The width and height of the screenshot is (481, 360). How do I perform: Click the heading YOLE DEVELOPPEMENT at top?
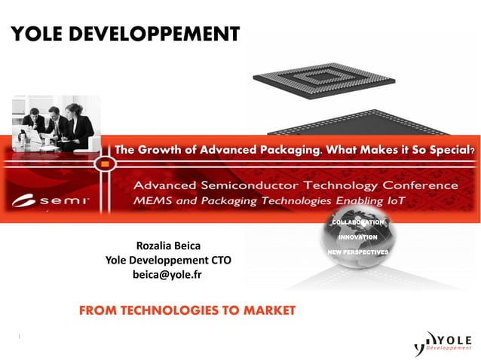point(124,34)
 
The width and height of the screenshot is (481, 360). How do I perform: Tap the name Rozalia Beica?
point(167,246)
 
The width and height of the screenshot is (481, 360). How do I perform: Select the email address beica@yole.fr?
point(167,275)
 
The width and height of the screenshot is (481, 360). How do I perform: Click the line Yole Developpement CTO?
point(167,261)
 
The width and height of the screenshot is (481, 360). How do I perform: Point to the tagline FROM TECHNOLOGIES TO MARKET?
point(187,310)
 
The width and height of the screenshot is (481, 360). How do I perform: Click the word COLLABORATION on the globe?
point(358,223)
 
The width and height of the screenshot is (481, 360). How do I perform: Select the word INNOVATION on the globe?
point(358,237)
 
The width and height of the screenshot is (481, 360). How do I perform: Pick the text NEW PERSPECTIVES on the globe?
point(358,251)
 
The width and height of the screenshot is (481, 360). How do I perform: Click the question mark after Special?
point(472,151)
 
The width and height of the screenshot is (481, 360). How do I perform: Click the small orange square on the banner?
point(105,162)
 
